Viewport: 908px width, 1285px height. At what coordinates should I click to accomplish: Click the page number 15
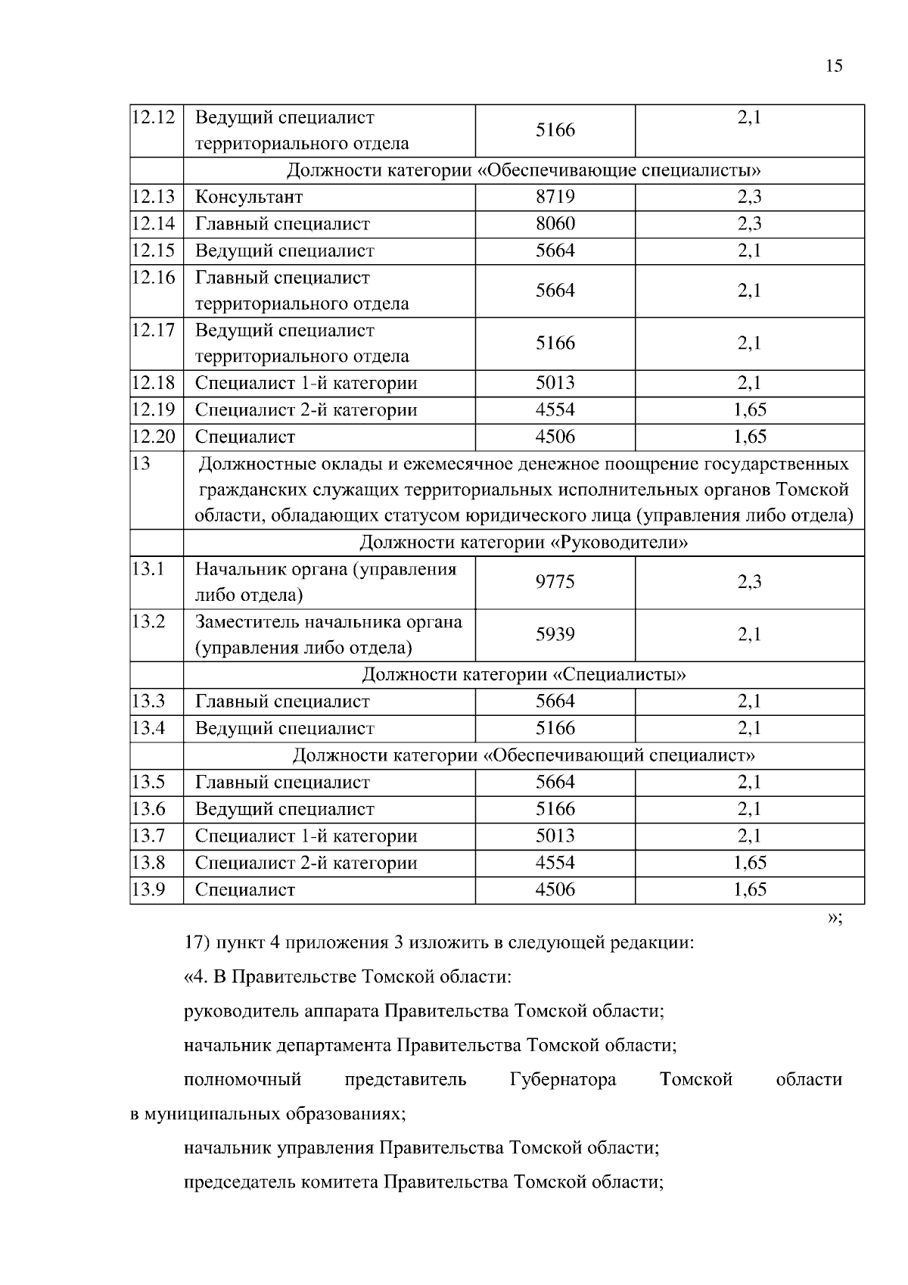pyautogui.click(x=834, y=66)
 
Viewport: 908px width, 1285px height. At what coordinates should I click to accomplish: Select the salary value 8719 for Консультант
pyautogui.click(x=555, y=197)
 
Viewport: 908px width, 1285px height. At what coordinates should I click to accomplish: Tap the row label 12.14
pyautogui.click(x=154, y=223)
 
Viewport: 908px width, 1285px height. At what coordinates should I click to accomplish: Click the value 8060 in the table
pyautogui.click(x=555, y=223)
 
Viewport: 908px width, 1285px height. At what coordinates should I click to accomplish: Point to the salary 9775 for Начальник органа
pyautogui.click(x=555, y=582)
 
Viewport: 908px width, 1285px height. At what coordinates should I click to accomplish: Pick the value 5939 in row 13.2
pyautogui.click(x=555, y=635)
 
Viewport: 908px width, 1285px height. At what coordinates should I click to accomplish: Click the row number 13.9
pyautogui.click(x=148, y=889)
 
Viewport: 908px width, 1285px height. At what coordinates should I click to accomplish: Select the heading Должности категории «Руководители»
pyautogui.click(x=524, y=543)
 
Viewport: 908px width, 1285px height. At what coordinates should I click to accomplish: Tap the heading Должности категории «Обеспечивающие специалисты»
pyautogui.click(x=524, y=170)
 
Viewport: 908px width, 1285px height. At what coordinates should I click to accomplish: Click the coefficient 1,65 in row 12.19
pyautogui.click(x=749, y=409)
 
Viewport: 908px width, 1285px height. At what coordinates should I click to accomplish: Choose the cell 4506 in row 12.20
pyautogui.click(x=555, y=437)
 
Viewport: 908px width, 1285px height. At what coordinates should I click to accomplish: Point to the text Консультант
pyautogui.click(x=249, y=198)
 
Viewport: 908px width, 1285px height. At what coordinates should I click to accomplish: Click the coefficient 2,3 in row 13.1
pyautogui.click(x=749, y=582)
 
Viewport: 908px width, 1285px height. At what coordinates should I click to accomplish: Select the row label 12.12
pyautogui.click(x=154, y=117)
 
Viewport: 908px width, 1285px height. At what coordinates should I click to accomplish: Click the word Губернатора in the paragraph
pyautogui.click(x=563, y=1079)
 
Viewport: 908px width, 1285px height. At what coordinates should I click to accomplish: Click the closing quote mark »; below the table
pyautogui.click(x=834, y=918)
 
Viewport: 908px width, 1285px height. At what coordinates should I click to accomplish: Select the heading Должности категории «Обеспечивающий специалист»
pyautogui.click(x=524, y=755)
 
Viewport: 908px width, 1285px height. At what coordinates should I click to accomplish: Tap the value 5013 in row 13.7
pyautogui.click(x=555, y=835)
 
